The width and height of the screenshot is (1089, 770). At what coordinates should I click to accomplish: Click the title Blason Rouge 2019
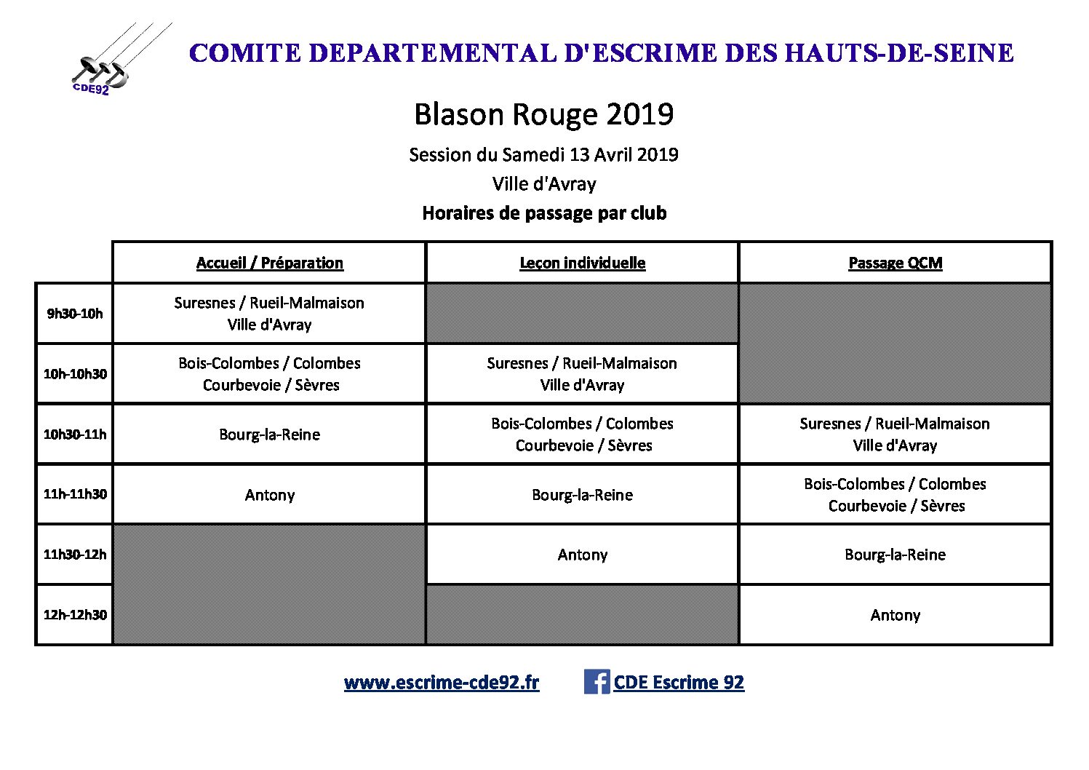click(543, 114)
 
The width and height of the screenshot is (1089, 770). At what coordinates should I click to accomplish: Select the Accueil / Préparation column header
click(269, 263)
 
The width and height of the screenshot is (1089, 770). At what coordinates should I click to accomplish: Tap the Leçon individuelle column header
click(582, 263)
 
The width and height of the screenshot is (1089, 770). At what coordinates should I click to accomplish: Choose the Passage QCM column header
click(895, 263)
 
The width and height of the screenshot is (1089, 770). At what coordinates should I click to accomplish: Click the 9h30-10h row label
click(75, 314)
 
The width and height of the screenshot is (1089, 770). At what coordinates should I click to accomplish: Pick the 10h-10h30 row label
click(75, 374)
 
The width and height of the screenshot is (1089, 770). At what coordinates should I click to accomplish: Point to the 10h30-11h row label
click(75, 434)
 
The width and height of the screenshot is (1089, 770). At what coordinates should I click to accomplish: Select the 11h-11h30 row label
click(75, 494)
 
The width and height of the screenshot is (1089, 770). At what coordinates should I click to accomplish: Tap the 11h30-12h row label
click(75, 555)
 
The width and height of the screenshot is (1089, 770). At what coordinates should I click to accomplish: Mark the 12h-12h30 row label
click(75, 615)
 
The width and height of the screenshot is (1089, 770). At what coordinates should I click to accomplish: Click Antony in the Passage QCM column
click(895, 615)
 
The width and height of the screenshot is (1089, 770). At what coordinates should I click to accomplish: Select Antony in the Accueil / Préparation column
click(269, 495)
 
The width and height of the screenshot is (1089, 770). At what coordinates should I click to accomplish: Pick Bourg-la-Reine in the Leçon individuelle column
click(582, 495)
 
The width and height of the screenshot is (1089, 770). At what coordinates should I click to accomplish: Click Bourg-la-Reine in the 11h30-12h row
click(895, 555)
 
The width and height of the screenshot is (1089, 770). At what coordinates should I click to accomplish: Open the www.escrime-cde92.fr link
click(442, 683)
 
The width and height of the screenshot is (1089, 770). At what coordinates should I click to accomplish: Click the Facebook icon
click(597, 682)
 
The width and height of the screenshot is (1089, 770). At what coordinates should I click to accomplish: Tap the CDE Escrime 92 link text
click(679, 683)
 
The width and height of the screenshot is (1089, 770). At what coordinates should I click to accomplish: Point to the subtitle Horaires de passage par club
click(544, 213)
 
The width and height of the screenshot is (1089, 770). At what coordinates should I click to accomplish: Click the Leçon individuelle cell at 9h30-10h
click(582, 314)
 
